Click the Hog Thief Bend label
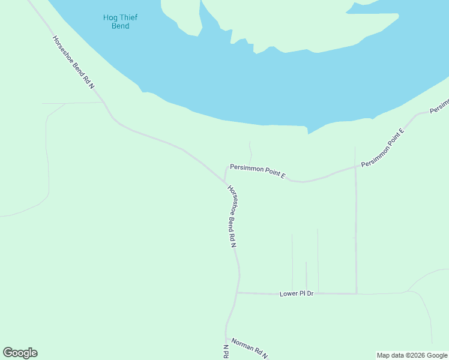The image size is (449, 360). click(116, 22)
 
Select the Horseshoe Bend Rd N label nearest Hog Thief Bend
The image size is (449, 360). click(73, 62)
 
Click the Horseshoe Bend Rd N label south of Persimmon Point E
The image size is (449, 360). click(232, 217)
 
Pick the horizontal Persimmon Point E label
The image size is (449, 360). click(258, 172)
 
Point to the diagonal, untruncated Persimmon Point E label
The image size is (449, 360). click(383, 147)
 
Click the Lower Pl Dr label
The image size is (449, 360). click(297, 293)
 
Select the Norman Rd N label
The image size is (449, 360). click(249, 347)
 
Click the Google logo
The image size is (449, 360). click(20, 353)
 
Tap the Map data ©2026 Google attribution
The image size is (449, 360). click(412, 355)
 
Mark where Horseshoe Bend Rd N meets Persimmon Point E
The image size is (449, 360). click(224, 182)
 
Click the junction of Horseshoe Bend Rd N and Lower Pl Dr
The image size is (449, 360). click(238, 293)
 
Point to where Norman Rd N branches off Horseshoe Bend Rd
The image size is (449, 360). click(226, 338)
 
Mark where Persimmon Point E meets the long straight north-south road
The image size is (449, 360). click(355, 167)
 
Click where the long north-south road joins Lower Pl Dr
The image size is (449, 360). click(357, 293)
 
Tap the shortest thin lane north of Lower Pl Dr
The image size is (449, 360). click(306, 276)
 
